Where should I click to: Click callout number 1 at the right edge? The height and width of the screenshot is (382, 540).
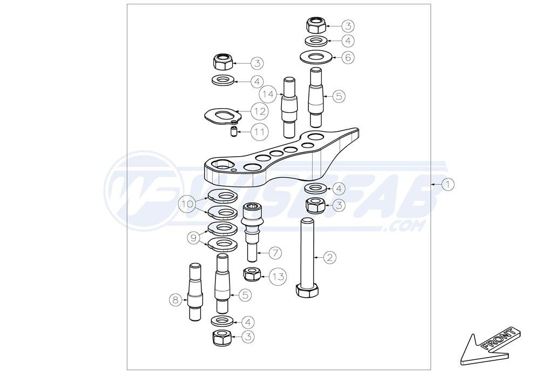pos(448,185)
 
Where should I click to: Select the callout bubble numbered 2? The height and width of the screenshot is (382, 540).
pos(329,257)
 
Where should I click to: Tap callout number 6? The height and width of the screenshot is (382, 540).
pos(348,57)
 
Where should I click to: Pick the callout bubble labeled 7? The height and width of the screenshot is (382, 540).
pos(275,253)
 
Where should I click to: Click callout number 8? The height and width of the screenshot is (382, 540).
pos(175,300)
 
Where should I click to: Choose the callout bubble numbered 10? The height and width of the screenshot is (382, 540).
pos(188,204)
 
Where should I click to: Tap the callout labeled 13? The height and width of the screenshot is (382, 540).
pos(278,276)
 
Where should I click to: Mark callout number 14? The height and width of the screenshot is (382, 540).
pos(268,93)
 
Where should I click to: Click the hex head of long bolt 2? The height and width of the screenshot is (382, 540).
pos(307,291)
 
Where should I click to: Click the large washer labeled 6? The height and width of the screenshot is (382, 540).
pos(316,57)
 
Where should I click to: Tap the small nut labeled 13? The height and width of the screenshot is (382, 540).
pos(252,274)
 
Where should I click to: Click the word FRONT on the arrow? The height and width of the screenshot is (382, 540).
pos(498,340)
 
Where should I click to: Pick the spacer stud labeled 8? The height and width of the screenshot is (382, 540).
pos(195,292)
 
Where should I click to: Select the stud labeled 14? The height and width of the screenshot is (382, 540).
pos(289,107)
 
